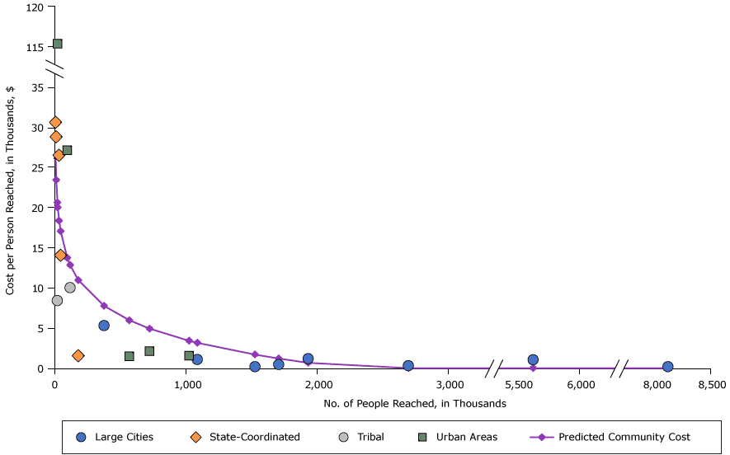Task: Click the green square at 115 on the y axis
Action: click(57, 44)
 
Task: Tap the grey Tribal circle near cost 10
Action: click(70, 288)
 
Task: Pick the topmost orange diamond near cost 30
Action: click(55, 123)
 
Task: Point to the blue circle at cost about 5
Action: click(104, 326)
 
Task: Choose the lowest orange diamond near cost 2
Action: click(78, 356)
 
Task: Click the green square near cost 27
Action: click(67, 150)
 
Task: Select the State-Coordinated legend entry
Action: click(243, 437)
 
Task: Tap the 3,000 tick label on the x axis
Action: click(449, 385)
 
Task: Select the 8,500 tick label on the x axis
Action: click(711, 385)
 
